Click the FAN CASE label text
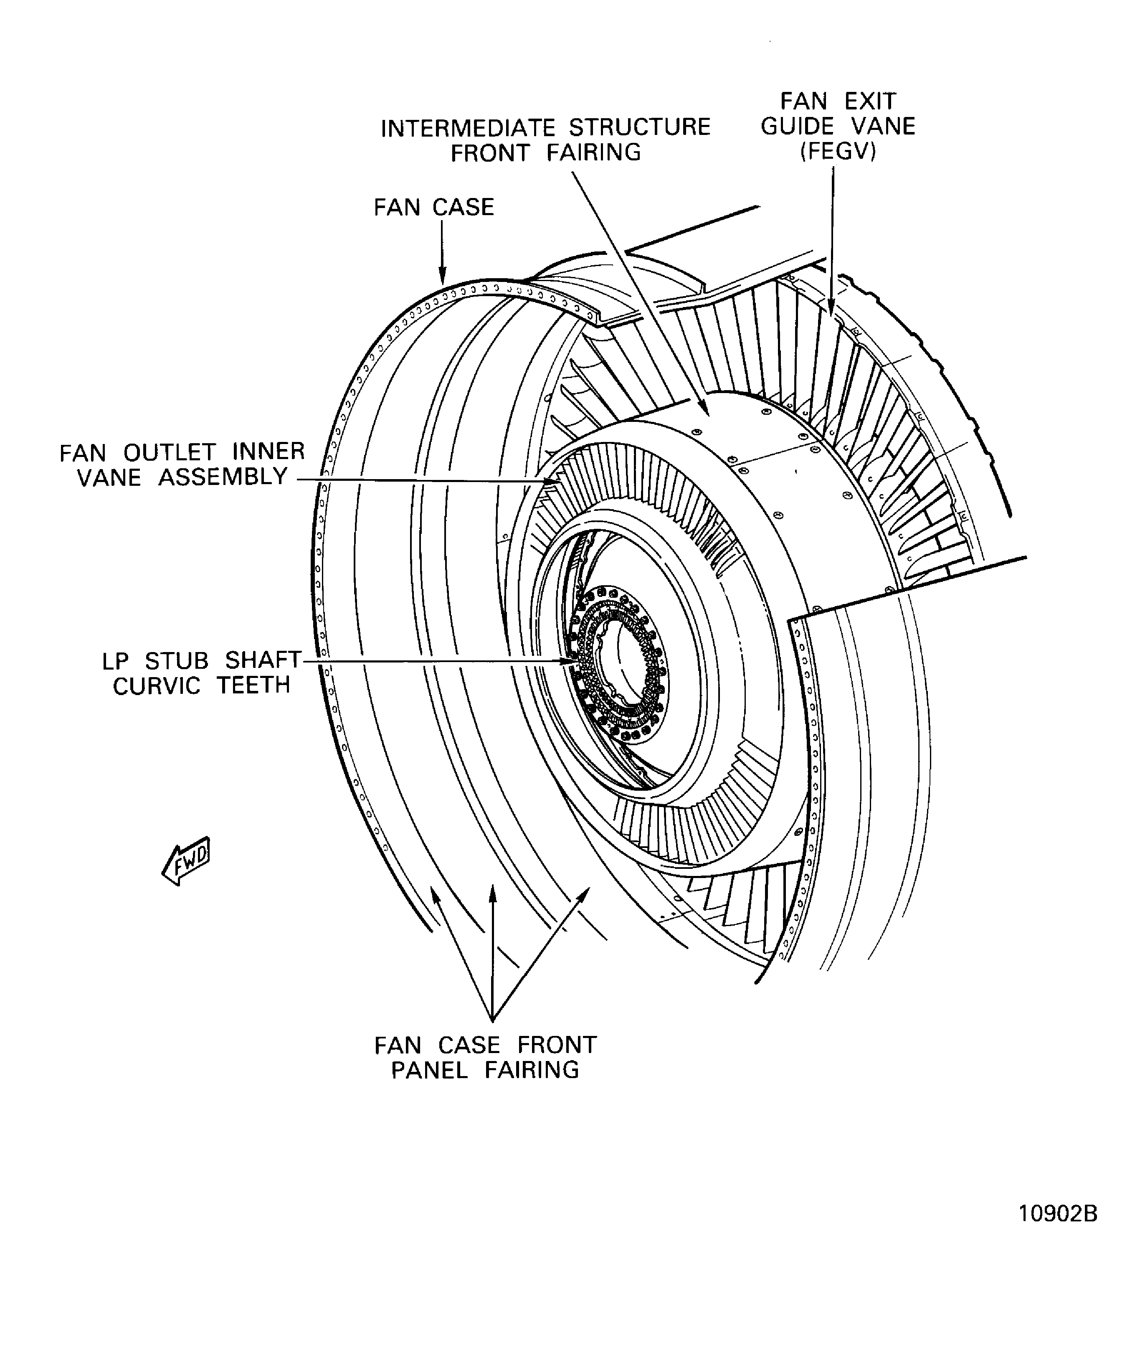(433, 208)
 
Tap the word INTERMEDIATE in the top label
(468, 128)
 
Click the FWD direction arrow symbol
(186, 860)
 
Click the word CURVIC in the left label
(156, 686)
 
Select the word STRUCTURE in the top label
(639, 128)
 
